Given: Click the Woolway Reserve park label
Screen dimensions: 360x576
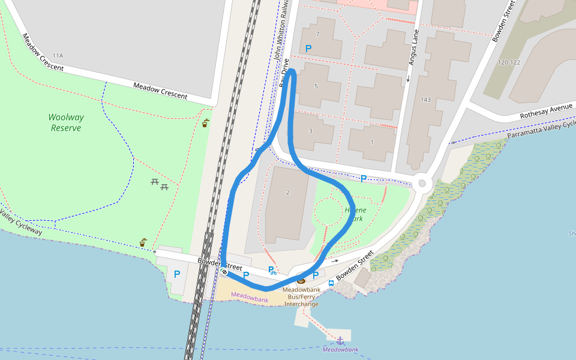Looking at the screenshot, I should click(x=66, y=122).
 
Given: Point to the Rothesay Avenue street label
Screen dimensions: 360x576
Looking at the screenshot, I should click(x=547, y=111).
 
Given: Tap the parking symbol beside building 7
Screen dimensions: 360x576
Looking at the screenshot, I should click(x=308, y=49).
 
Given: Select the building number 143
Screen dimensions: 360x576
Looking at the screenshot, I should click(x=426, y=100).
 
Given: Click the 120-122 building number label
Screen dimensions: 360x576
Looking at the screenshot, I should click(x=509, y=62).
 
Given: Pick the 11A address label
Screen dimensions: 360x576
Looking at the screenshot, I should click(x=58, y=56).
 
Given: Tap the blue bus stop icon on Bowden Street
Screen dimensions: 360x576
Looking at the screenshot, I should click(x=331, y=283).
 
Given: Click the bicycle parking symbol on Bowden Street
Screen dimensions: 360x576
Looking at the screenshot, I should click(x=271, y=271).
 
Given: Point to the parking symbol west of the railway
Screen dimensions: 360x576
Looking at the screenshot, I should click(x=177, y=274).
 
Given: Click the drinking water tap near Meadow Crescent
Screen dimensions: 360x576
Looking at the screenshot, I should click(x=206, y=123).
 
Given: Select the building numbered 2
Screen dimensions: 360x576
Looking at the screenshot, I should click(x=288, y=192).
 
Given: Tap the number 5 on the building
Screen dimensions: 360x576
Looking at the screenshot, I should click(x=316, y=86).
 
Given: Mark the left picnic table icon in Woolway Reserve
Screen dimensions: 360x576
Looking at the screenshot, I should click(x=155, y=181).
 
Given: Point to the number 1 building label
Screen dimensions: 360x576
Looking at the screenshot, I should click(x=372, y=142).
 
